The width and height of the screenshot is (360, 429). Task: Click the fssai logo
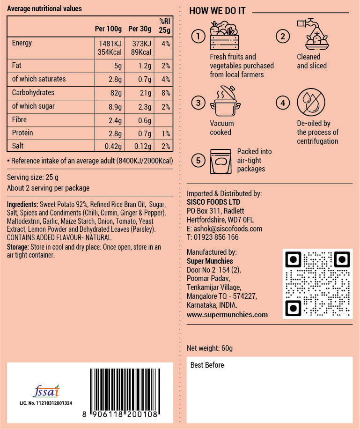pos(46,391)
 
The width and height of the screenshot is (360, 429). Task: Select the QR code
pos(317,284)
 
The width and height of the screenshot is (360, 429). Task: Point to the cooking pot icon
pos(225,100)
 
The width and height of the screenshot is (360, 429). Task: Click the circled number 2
pos(282,36)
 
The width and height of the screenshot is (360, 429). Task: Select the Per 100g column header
pos(108,29)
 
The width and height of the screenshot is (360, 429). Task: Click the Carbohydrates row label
pos(33,92)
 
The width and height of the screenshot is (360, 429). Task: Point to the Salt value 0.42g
pos(111,147)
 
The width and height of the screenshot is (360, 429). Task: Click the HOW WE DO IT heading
pos(217,11)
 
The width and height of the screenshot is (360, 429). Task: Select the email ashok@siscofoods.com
pos(224,229)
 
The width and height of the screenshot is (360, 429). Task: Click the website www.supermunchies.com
pos(227,315)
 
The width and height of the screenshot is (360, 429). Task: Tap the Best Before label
pos(207,365)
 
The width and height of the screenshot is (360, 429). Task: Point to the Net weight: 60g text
pos(210,348)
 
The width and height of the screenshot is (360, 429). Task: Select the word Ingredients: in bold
pos(22,205)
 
